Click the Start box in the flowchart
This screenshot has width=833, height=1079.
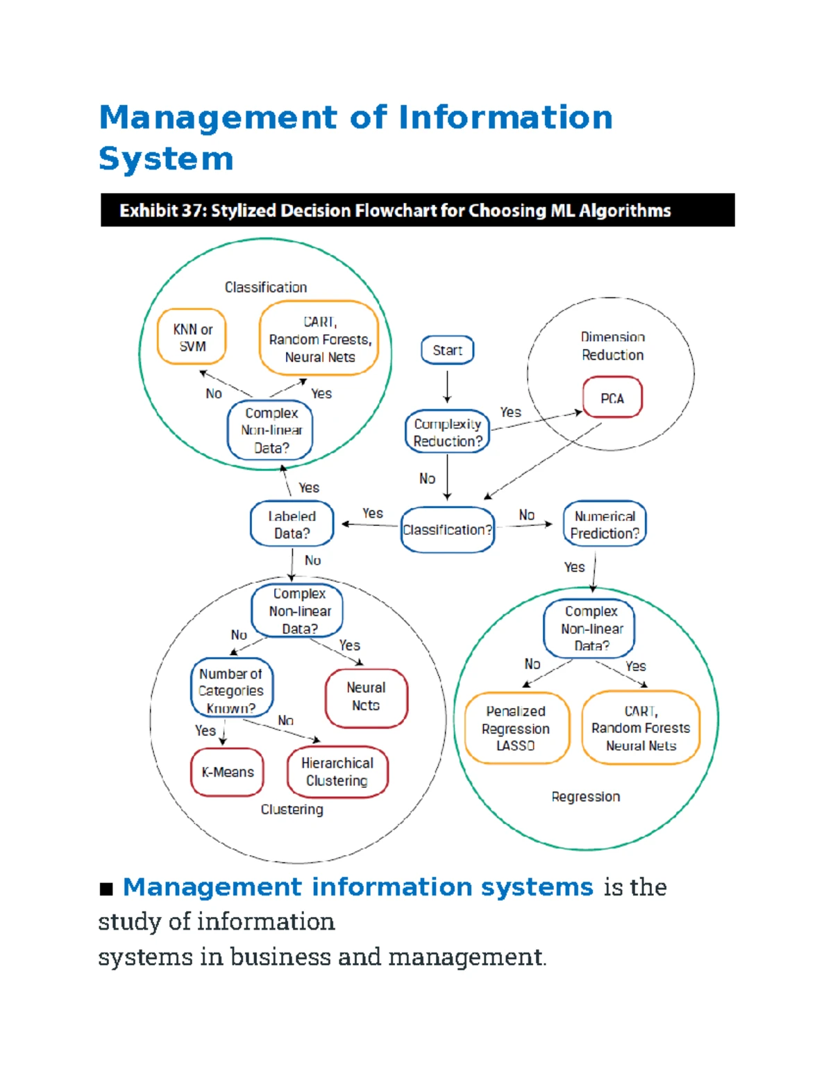(x=447, y=350)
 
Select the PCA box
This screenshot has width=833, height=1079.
(x=612, y=397)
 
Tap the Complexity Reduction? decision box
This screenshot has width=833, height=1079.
(x=448, y=431)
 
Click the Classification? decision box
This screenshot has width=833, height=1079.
(x=447, y=529)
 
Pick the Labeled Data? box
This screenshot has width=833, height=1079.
(x=292, y=524)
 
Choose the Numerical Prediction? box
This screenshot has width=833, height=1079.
(x=605, y=524)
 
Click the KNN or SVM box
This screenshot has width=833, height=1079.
(x=192, y=337)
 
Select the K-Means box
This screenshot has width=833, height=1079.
(x=227, y=772)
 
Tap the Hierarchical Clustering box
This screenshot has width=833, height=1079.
(x=337, y=772)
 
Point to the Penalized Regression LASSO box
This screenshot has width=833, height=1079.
(x=516, y=728)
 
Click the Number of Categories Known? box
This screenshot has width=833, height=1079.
(x=232, y=687)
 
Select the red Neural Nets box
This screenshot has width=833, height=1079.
(x=366, y=698)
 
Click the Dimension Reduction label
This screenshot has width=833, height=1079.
(x=613, y=346)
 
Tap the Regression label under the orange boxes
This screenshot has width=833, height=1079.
(x=585, y=796)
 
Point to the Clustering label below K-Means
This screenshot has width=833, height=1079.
(x=292, y=809)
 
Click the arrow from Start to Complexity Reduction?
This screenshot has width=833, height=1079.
(x=447, y=387)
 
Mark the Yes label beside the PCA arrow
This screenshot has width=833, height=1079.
(x=510, y=412)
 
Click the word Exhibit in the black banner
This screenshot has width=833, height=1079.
(x=147, y=211)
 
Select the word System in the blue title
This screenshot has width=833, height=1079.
(x=166, y=159)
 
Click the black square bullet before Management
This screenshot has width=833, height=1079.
(x=106, y=889)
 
